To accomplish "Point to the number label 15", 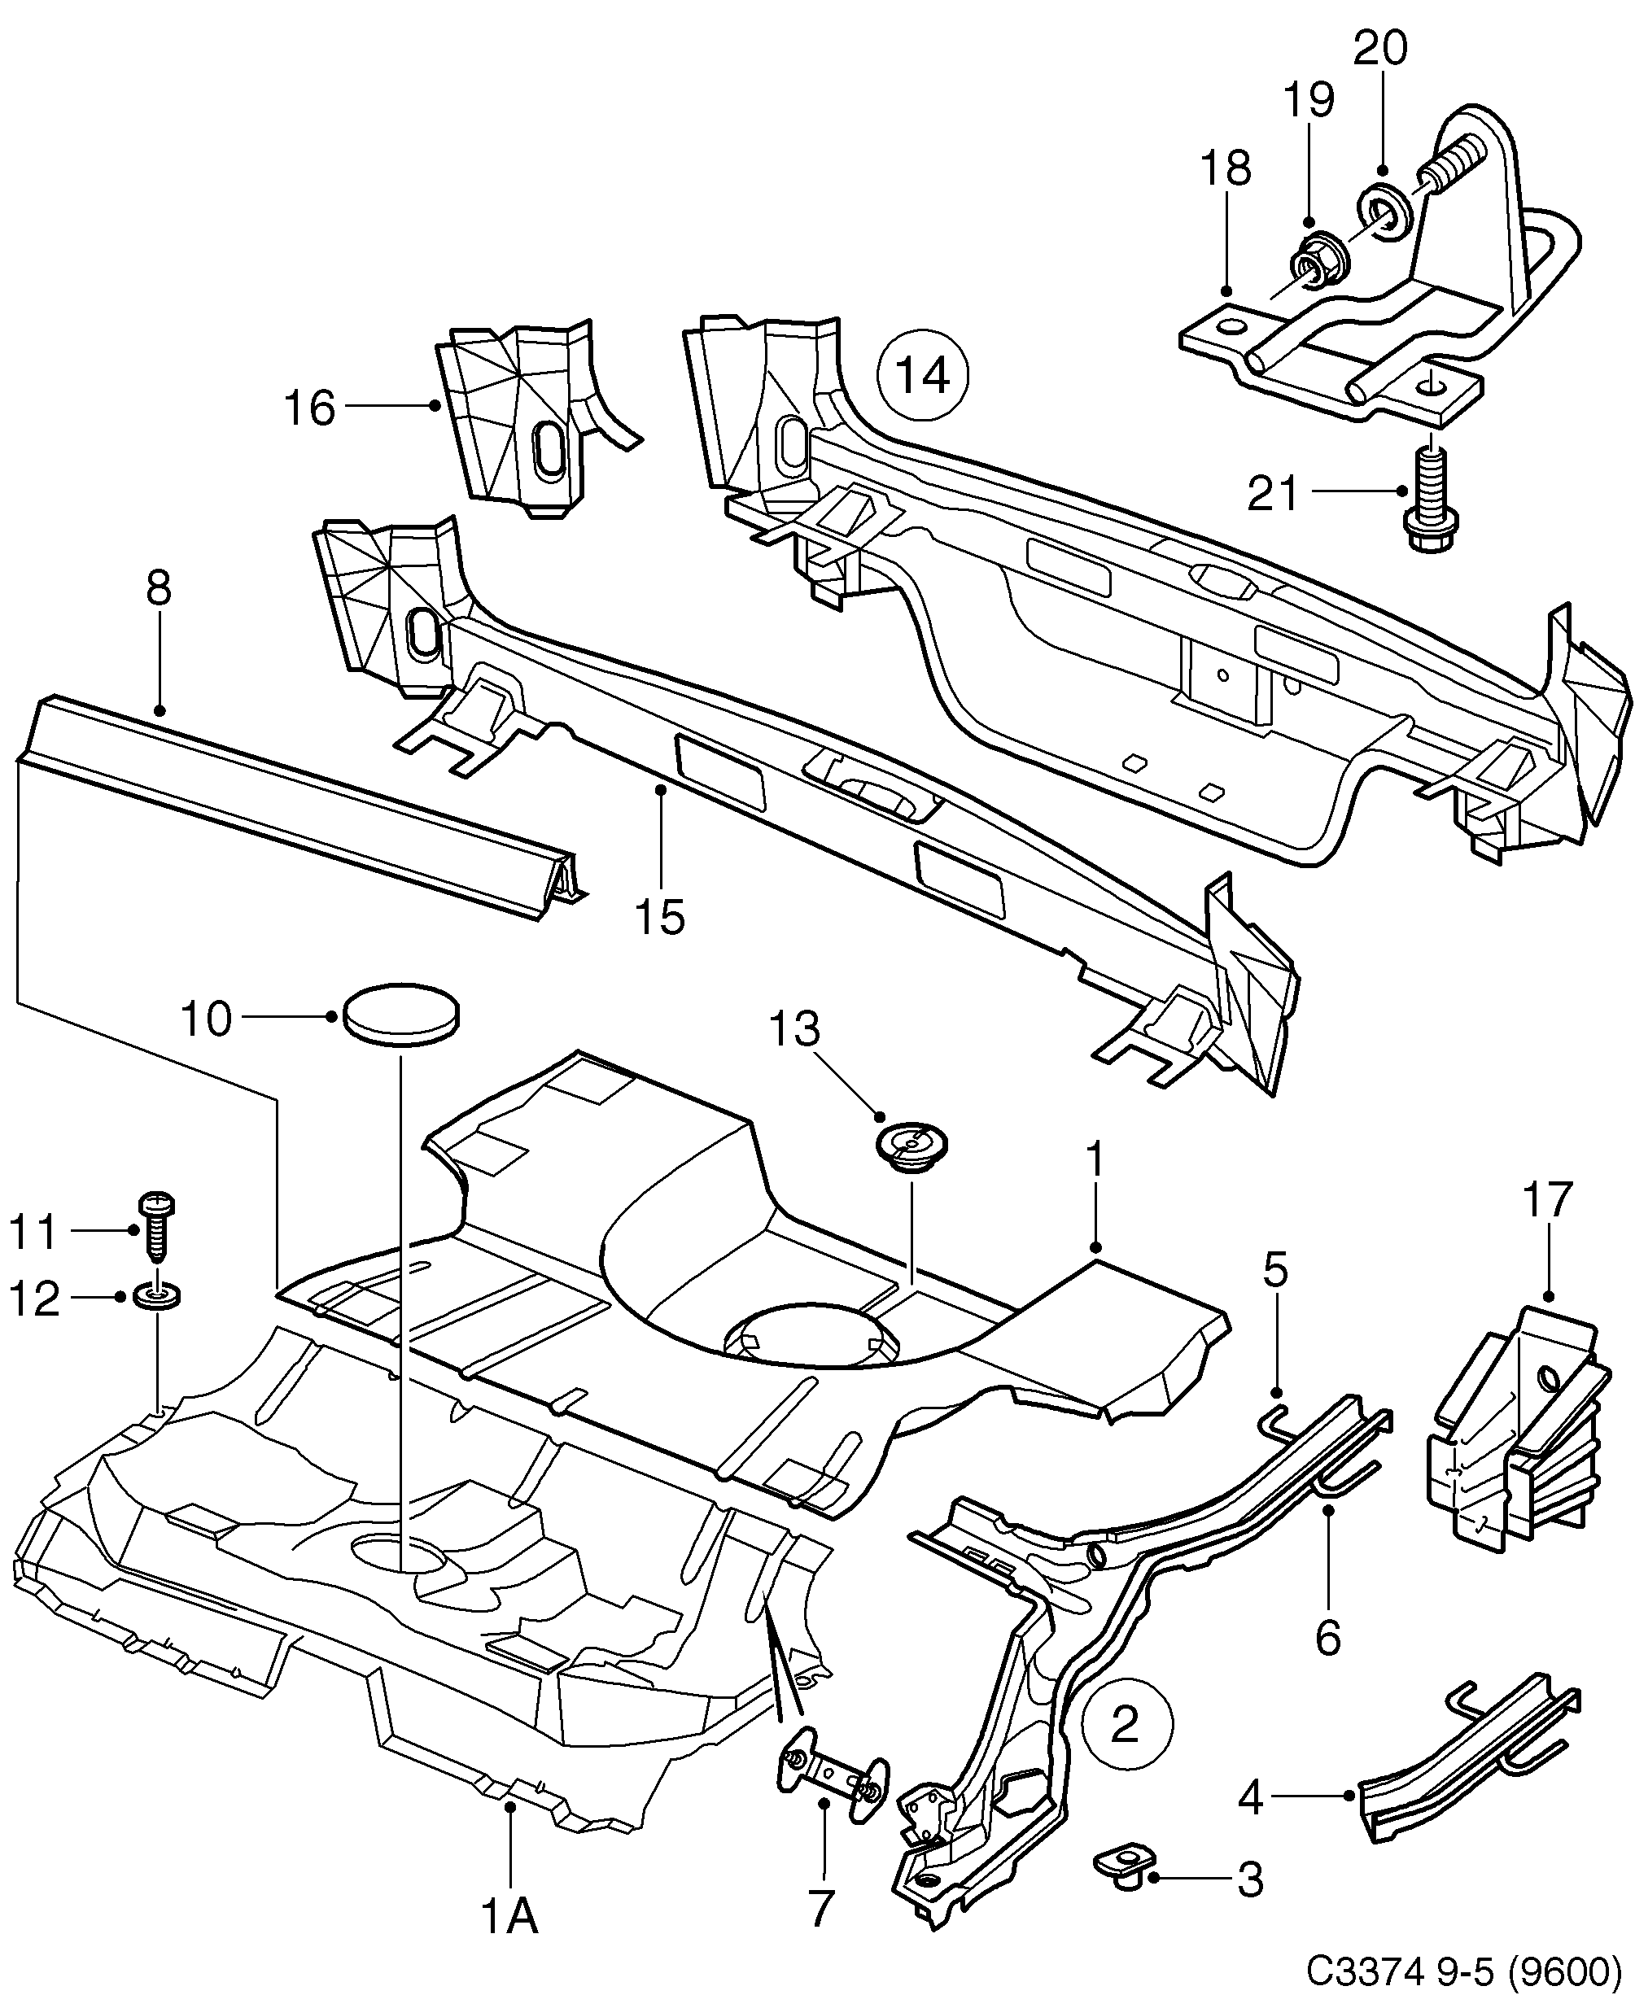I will [x=659, y=916].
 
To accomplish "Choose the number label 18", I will [x=1226, y=168].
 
